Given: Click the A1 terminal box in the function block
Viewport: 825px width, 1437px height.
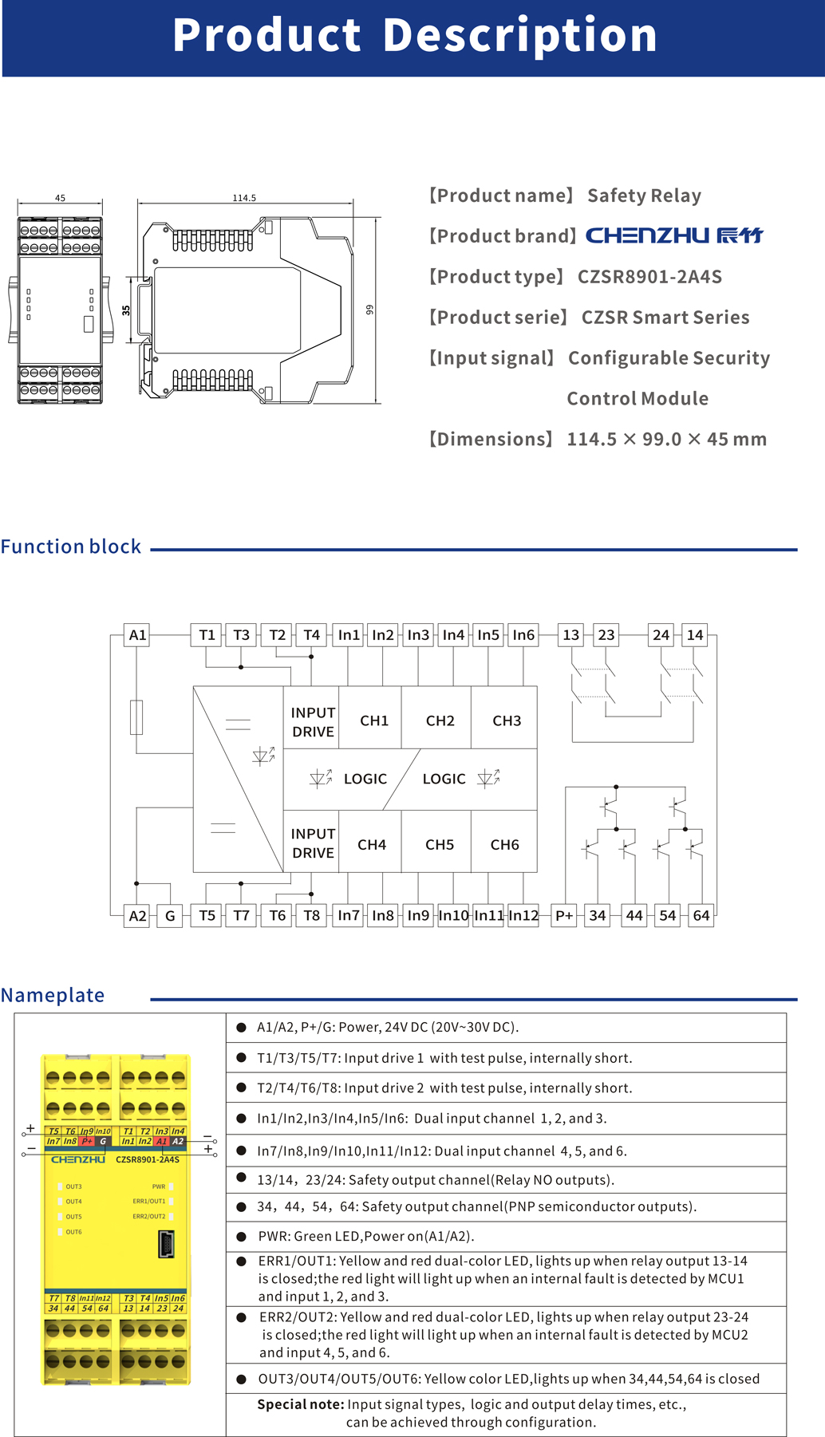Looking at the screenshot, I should coord(137,635).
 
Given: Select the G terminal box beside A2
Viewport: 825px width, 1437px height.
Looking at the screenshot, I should coord(170,915).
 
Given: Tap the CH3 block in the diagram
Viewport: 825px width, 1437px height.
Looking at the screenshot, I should coord(506,720).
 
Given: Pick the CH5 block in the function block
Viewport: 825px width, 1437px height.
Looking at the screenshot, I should coord(439,844).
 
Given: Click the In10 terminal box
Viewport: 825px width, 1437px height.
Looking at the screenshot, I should coord(453,915).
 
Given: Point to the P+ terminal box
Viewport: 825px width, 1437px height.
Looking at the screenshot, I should coord(564,915).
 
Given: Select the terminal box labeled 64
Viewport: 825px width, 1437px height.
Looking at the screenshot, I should coord(701,915).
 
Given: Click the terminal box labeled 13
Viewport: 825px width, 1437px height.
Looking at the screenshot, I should coord(570,635).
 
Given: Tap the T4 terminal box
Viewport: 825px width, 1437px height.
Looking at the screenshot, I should coord(311,635).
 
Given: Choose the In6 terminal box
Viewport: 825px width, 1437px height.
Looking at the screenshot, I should coord(523,635).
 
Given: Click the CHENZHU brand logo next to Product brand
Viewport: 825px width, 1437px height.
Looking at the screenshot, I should coord(674,235).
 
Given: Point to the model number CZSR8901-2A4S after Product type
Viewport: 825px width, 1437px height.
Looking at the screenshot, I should coord(649,277).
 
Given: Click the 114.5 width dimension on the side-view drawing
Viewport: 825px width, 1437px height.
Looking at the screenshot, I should coord(244,198).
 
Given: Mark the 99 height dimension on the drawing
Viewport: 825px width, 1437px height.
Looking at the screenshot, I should coord(369,310).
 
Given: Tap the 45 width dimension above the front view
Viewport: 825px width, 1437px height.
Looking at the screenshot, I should coord(60,198).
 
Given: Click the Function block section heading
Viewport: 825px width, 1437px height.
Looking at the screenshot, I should coord(71,547).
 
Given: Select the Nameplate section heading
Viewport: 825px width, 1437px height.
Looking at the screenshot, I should coord(53,995).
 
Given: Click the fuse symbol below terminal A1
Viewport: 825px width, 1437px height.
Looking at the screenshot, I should coord(136,717).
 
